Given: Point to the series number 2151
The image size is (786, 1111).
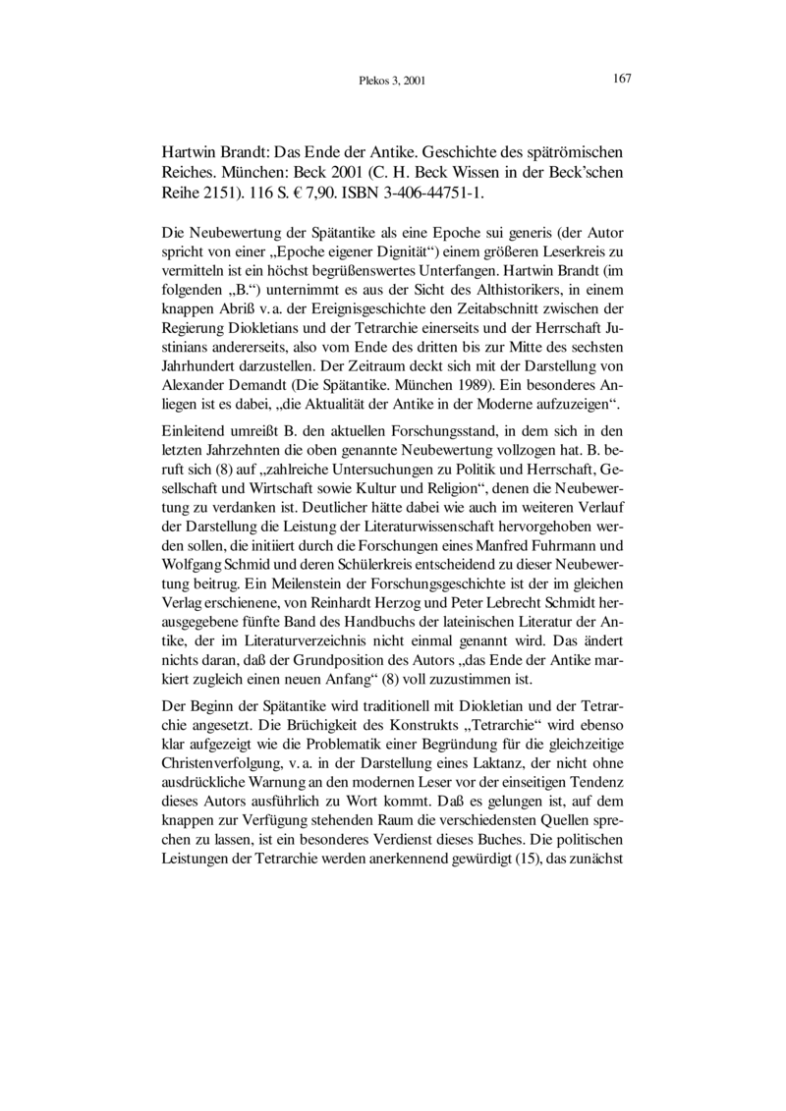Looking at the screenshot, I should pyautogui.click(x=226, y=193).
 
